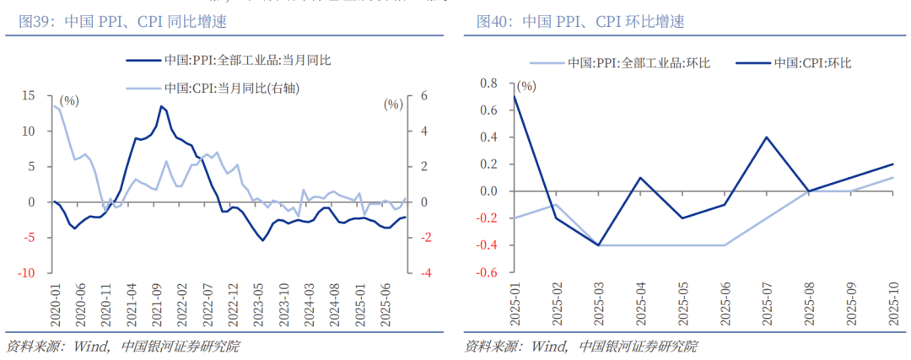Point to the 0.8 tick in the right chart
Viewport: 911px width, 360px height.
(489, 83)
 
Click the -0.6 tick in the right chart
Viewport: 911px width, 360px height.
(488, 273)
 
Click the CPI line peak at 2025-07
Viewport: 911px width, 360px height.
(766, 137)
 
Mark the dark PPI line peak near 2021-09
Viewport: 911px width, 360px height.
(161, 106)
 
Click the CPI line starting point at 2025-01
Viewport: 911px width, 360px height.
(514, 96)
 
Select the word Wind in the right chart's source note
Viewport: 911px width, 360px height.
(550, 347)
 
